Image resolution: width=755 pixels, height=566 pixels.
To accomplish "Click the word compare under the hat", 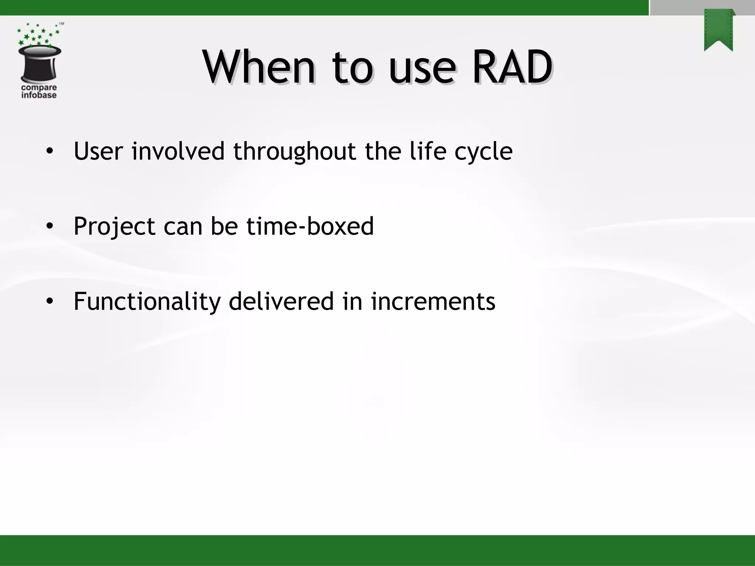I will [x=39, y=88].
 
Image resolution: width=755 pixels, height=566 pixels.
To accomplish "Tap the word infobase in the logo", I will [x=39, y=95].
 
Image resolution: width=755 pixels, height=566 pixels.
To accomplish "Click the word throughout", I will [x=295, y=152].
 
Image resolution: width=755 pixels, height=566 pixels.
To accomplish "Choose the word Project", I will [x=114, y=227].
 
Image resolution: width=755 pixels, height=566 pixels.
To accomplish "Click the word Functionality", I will [x=147, y=301].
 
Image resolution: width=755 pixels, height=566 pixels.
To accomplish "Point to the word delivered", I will [x=281, y=301].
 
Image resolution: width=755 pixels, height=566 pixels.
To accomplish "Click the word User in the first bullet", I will [x=98, y=151].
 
